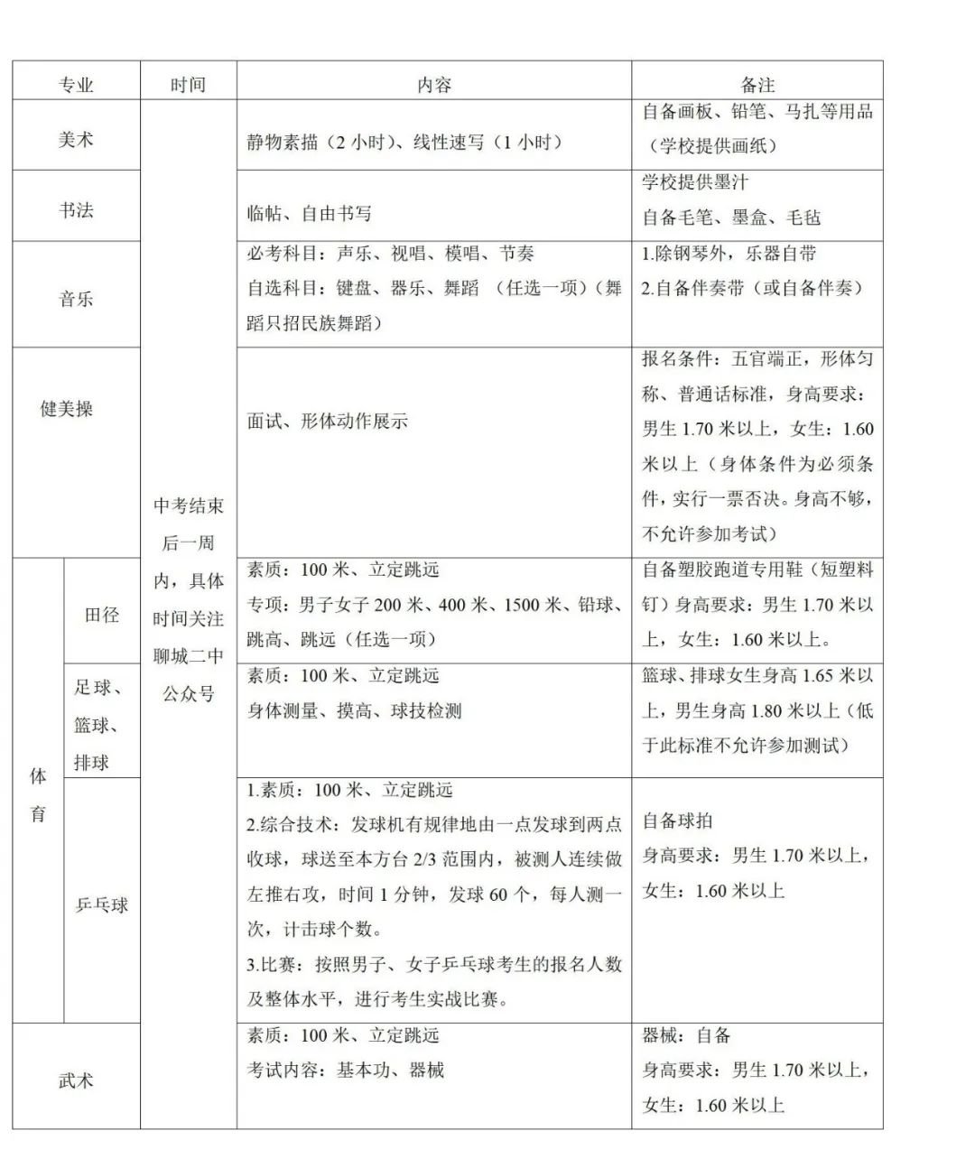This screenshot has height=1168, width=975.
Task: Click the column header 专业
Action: click(76, 85)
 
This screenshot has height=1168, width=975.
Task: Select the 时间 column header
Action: click(188, 85)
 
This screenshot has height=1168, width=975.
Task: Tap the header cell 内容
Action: click(433, 85)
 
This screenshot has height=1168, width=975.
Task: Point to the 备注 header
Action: click(757, 85)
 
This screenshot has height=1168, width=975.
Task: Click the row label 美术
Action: click(76, 140)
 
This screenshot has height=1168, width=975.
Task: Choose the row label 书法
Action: click(76, 210)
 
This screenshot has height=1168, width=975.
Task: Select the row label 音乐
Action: click(76, 299)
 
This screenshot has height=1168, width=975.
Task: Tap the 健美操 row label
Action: click(66, 409)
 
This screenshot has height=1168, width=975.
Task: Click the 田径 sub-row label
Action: click(101, 615)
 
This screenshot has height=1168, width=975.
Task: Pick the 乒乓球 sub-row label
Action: click(101, 904)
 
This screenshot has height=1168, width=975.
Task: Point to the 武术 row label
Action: click(76, 1080)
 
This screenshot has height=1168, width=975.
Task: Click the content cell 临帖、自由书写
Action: click(309, 214)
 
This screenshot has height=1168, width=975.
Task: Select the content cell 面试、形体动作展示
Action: click(327, 421)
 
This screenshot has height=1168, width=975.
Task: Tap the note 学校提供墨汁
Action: click(695, 182)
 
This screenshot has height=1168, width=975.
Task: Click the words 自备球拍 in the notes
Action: click(677, 820)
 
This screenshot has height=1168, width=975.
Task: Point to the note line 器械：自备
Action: click(686, 1035)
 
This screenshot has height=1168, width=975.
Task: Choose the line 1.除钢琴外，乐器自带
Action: click(729, 254)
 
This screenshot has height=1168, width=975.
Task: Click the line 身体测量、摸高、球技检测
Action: click(354, 710)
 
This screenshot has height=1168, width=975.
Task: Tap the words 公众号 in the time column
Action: click(188, 693)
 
